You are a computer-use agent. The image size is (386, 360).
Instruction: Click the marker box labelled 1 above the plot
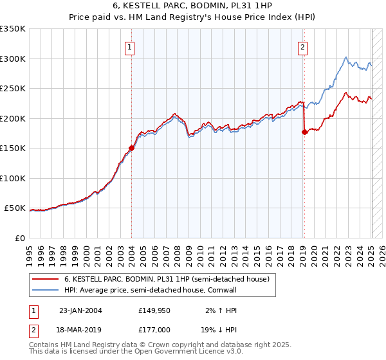pos(129,47)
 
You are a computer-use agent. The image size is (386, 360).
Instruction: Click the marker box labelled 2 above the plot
pos(302,47)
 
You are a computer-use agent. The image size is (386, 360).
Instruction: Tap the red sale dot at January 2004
pos(131,148)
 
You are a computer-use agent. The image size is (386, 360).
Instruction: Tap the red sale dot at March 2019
pos(304,132)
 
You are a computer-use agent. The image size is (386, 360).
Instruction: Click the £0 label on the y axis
pos(19,238)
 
